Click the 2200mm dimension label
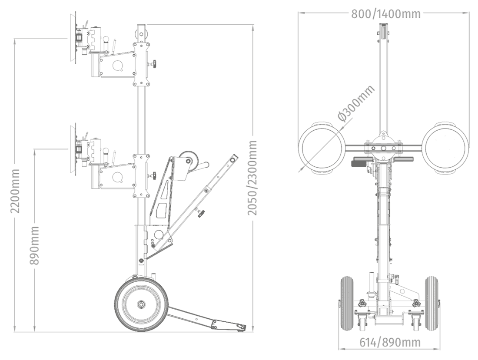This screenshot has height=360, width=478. [x=15, y=191]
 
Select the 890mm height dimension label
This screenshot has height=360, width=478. [x=34, y=245]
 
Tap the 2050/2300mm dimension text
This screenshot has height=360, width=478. [x=252, y=178]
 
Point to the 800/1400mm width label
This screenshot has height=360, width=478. [x=386, y=14]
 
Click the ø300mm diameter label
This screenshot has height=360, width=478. [x=356, y=103]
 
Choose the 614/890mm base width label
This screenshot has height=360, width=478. [x=390, y=342]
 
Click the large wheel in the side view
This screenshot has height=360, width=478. [x=141, y=304]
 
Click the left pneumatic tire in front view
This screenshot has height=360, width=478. [x=346, y=304]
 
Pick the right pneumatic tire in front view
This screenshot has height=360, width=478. [x=432, y=304]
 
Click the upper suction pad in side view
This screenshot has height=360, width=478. [x=73, y=38]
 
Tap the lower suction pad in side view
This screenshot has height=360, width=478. [x=73, y=149]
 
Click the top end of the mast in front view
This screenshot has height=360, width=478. [x=384, y=25]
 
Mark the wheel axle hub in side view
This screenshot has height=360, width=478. [x=141, y=304]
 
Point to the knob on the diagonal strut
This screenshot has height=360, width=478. [x=201, y=212]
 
